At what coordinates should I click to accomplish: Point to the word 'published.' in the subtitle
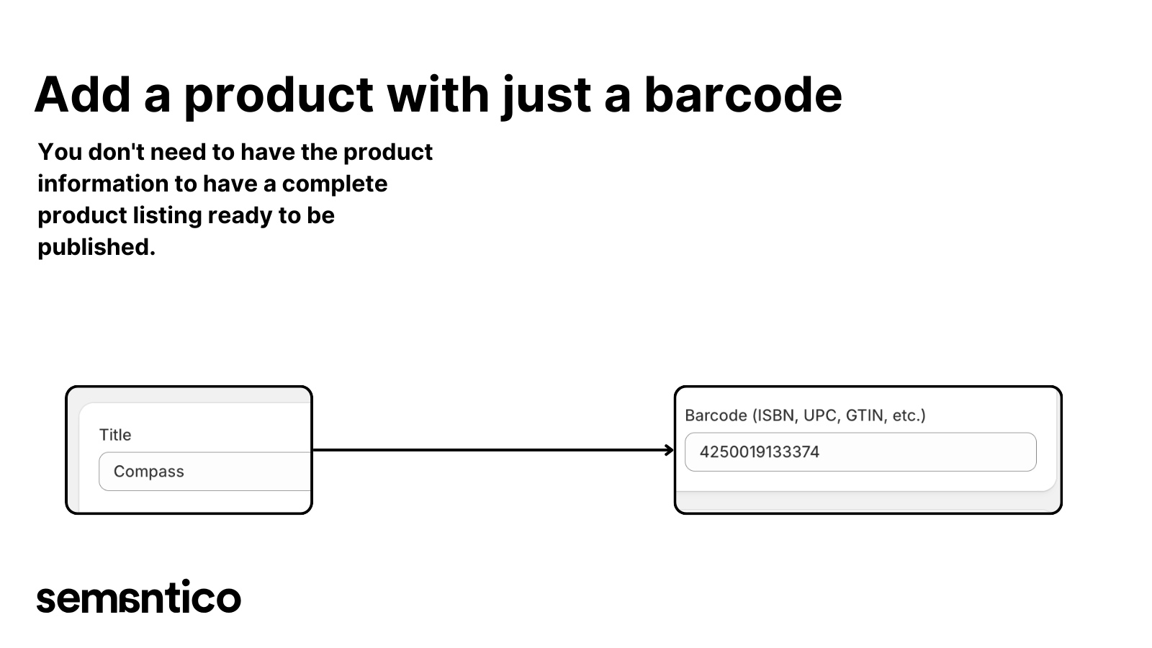96,247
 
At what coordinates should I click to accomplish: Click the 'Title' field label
115,435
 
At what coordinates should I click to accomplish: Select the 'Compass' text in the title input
149,472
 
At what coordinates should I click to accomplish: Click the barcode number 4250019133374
759,452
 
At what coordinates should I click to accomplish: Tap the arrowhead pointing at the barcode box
669,450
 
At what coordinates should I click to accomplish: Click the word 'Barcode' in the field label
716,415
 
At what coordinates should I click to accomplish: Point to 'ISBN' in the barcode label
775,415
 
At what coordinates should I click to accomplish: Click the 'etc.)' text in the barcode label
909,415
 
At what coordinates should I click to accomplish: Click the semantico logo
138,598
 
